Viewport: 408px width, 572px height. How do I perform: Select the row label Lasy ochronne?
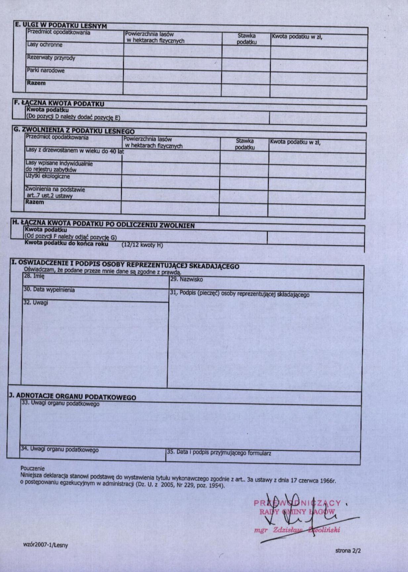pyautogui.click(x=45, y=45)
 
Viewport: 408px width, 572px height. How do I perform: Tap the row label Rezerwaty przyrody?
pyautogui.click(x=51, y=58)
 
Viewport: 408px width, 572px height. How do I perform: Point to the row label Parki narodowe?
pyautogui.click(x=46, y=71)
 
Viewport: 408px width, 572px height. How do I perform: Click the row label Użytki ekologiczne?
pyautogui.click(x=48, y=176)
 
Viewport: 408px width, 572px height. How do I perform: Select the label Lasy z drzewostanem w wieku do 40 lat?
pyautogui.click(x=75, y=151)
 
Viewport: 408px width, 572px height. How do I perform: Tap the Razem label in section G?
pyautogui.click(x=34, y=202)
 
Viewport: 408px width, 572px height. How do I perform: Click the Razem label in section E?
pyautogui.click(x=36, y=83)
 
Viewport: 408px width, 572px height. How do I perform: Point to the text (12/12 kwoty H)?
pyautogui.click(x=142, y=245)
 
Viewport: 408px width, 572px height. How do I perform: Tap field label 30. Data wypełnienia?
pyautogui.click(x=49, y=290)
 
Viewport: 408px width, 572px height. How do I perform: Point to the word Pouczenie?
pyautogui.click(x=32, y=468)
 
